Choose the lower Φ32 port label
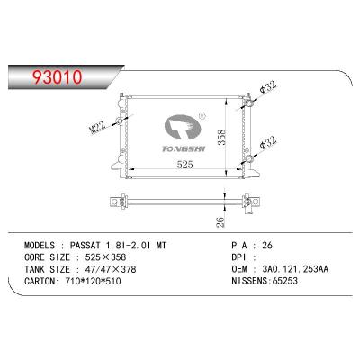coord(268,141)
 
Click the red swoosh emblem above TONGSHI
coord(184,125)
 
